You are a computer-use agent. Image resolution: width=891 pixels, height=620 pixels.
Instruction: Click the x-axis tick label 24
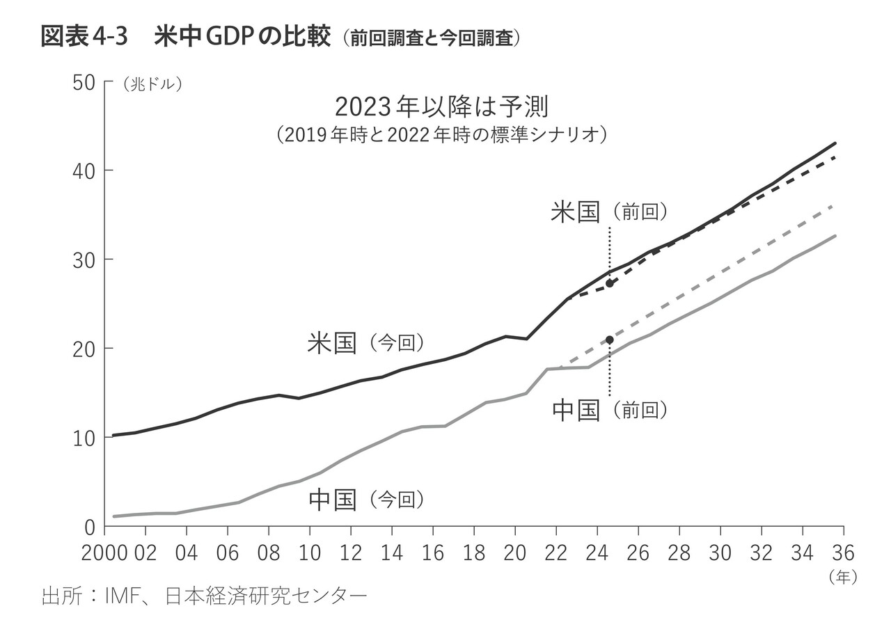coord(597,554)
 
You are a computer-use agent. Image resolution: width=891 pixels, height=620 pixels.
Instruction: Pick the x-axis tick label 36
coord(842,554)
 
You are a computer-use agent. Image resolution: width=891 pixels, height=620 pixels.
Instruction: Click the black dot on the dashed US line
coord(609,283)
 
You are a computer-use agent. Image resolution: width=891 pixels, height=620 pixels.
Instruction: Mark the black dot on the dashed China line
coord(610,340)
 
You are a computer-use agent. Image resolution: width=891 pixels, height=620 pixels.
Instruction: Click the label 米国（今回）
coord(365,342)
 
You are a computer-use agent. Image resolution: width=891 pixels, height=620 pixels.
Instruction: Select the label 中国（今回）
coord(365,500)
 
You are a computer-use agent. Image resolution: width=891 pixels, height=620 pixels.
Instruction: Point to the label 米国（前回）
coord(609,212)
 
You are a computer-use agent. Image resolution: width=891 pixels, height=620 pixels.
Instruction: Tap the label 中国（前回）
coord(609,411)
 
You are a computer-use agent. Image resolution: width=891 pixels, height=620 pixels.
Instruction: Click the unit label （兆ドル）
coord(152,84)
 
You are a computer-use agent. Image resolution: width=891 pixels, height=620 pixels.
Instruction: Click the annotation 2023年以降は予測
coord(442,108)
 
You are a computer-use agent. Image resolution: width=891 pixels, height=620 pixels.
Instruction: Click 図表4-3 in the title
coord(84,37)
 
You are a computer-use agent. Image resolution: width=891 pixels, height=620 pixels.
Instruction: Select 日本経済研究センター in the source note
coord(265,596)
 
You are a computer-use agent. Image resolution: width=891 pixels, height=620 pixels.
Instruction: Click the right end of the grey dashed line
coord(834,206)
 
